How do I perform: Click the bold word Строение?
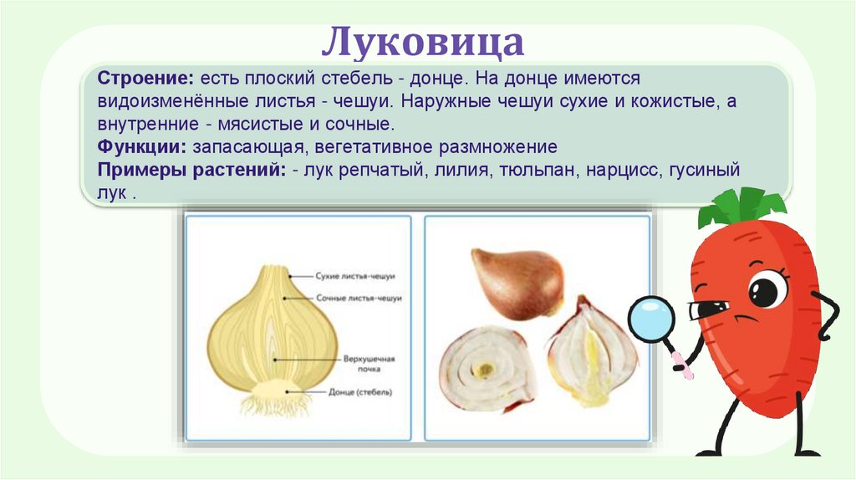click(x=147, y=78)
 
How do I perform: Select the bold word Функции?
click(x=142, y=147)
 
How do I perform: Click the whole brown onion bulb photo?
click(x=515, y=282)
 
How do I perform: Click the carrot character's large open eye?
click(x=767, y=290)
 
